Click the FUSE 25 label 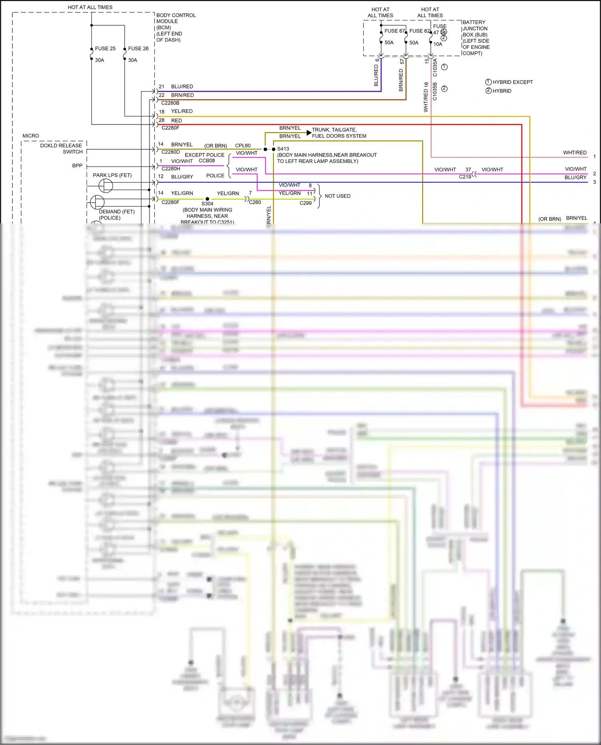tap(105, 48)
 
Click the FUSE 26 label tap(138, 48)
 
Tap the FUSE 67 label tap(395, 31)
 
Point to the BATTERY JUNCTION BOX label tap(476, 38)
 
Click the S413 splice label tap(283, 149)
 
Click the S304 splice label tap(207, 204)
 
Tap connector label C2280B tap(170, 103)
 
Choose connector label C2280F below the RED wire tap(170, 128)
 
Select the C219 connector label tap(465, 177)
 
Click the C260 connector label tap(255, 202)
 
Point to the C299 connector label tap(305, 203)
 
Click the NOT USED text tap(337, 196)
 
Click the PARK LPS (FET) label tap(112, 175)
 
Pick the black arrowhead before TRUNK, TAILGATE tap(309, 132)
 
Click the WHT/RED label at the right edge tap(575, 153)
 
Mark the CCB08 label tap(207, 161)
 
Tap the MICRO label tap(31, 136)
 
